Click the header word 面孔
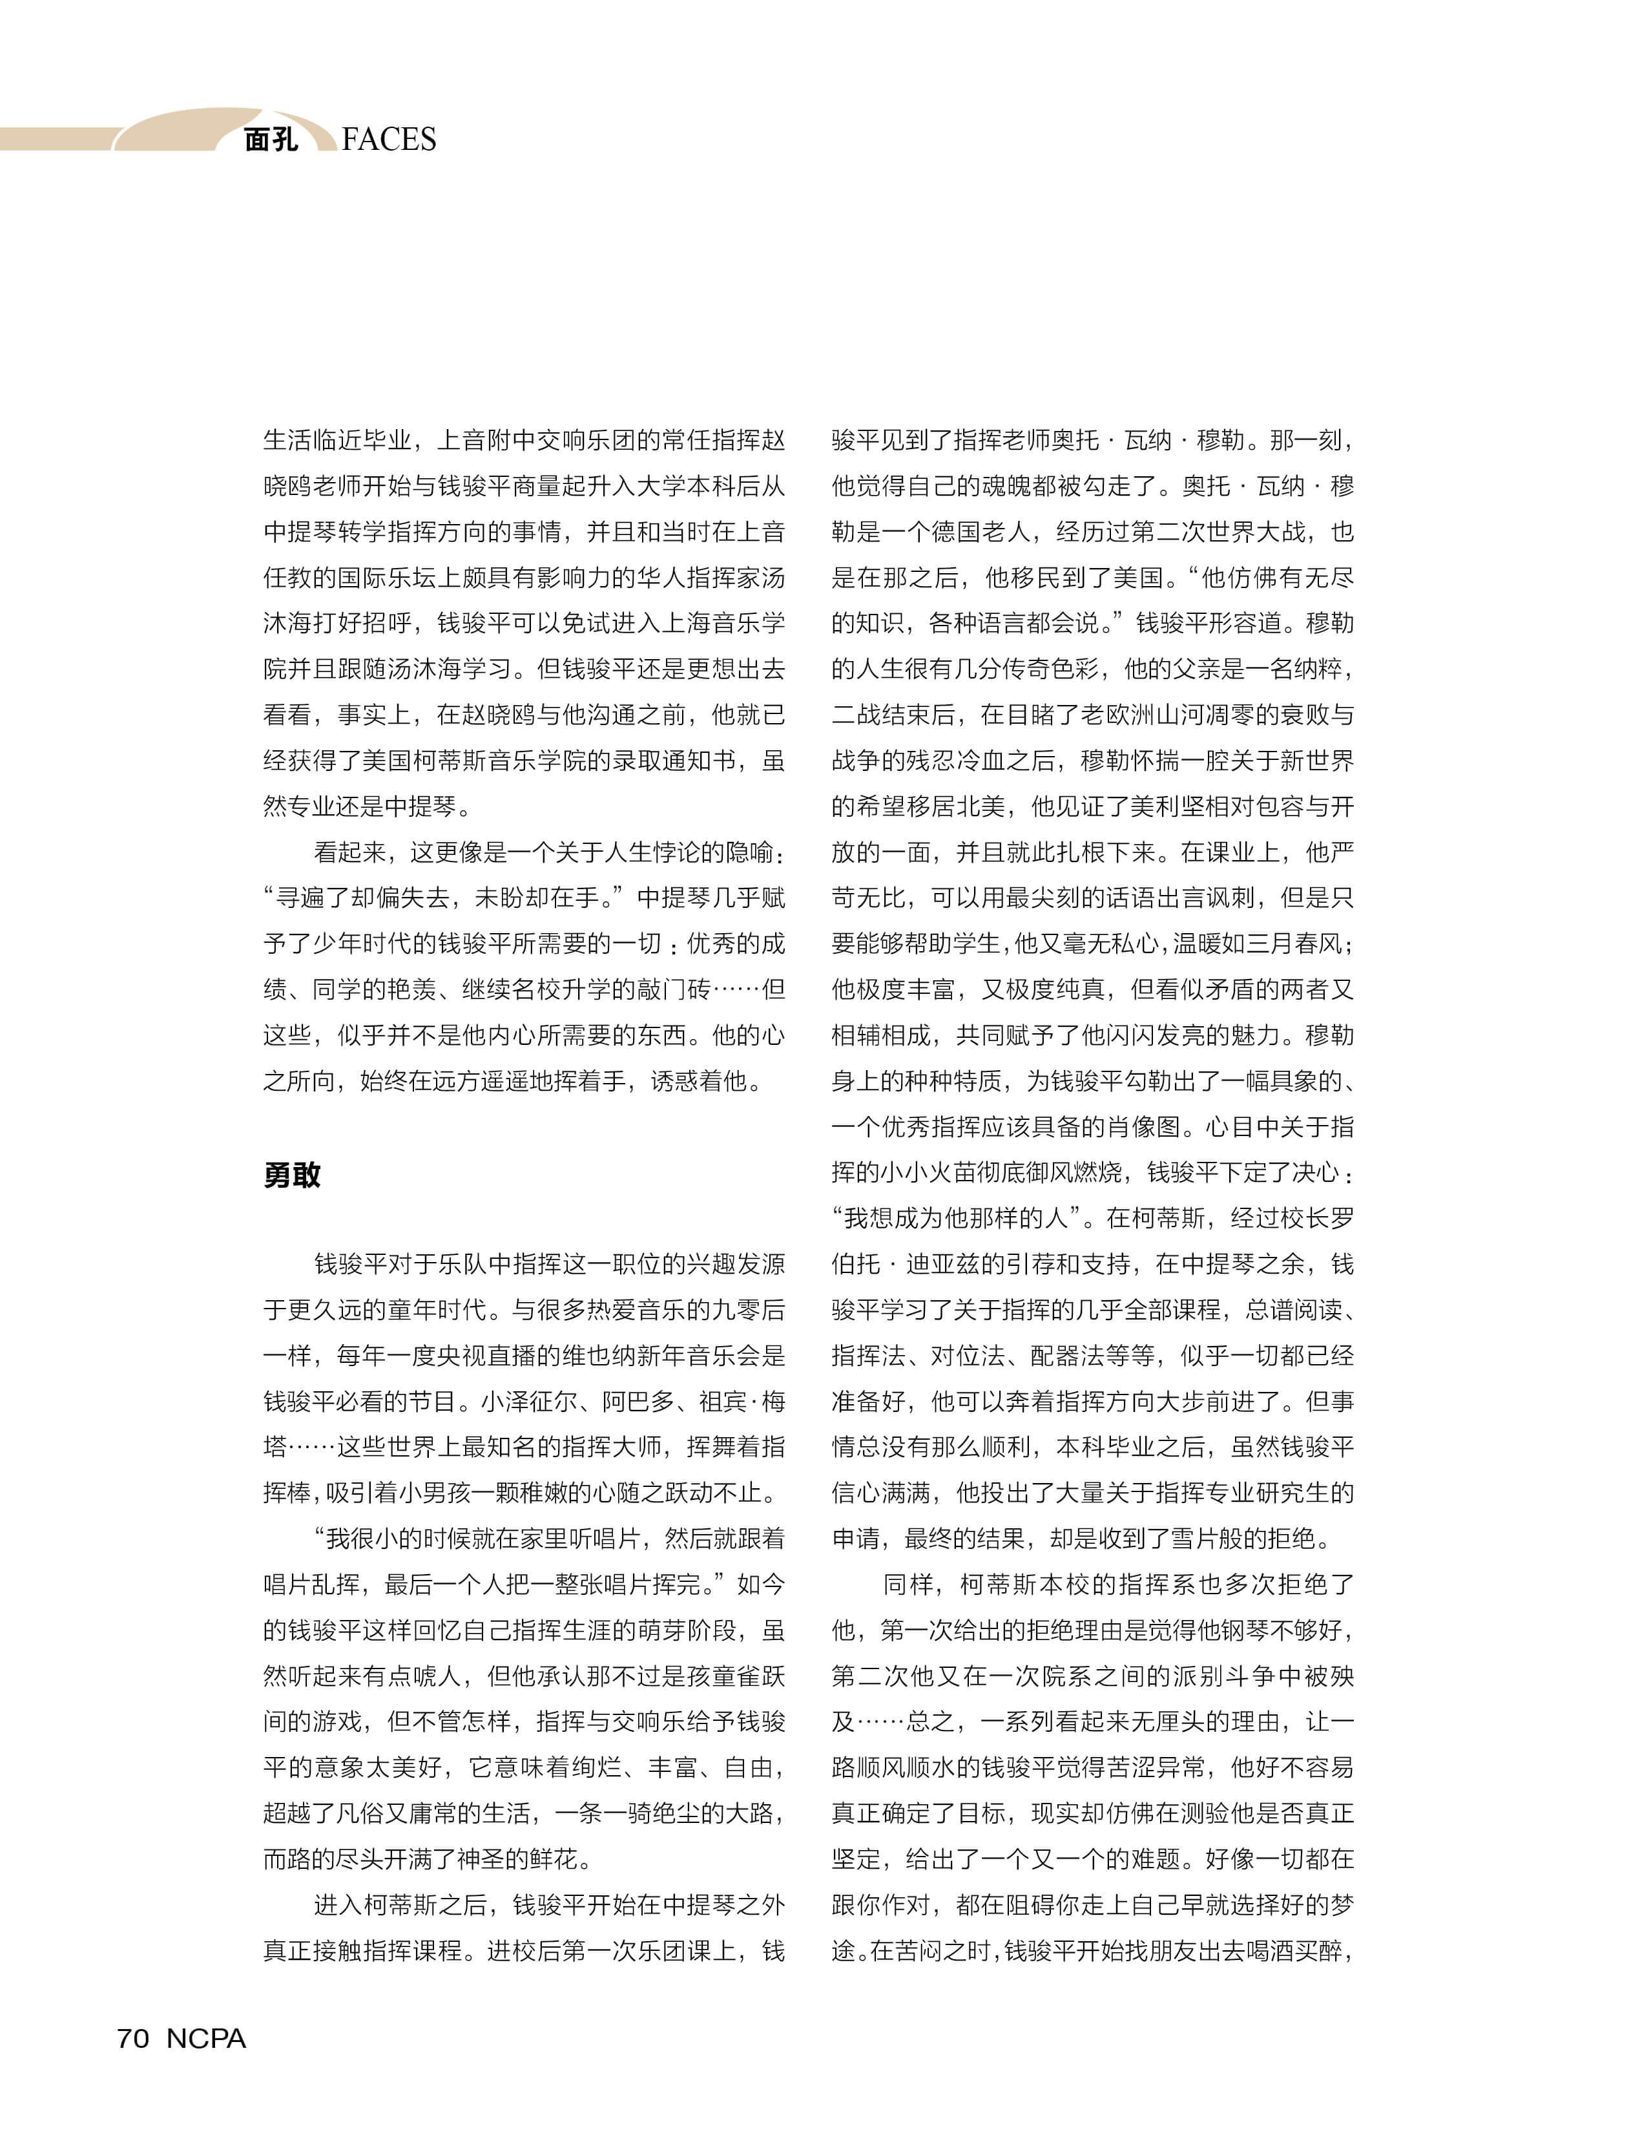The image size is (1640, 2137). click(271, 140)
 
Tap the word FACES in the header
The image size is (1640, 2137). click(389, 140)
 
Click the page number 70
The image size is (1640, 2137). click(133, 2038)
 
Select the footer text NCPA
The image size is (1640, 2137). click(206, 2038)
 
